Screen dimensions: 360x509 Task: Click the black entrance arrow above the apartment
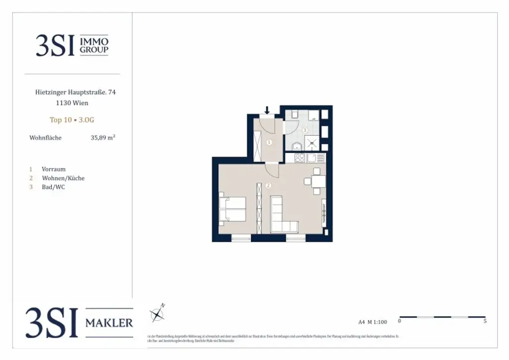(267, 110)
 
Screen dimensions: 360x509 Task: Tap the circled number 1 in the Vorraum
(269, 142)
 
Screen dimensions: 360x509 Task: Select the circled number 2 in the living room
(268, 186)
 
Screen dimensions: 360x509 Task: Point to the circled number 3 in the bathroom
(305, 130)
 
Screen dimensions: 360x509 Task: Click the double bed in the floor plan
(232, 209)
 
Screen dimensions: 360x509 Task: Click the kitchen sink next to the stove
(312, 158)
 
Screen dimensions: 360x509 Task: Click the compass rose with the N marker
(158, 314)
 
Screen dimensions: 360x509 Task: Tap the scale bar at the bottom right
(442, 317)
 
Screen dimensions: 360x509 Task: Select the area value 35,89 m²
(103, 138)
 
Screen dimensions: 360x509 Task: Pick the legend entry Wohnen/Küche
(63, 178)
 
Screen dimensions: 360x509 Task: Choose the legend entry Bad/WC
(53, 187)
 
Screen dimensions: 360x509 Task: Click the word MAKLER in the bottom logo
(109, 323)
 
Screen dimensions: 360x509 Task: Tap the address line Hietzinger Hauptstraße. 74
(76, 92)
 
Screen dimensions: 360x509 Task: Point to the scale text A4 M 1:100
(372, 322)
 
